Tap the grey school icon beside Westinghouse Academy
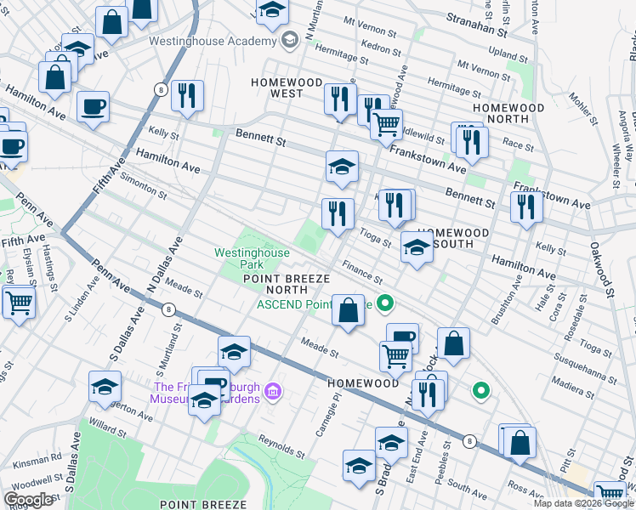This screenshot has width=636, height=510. (290, 39)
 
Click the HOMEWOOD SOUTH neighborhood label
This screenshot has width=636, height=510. (452, 238)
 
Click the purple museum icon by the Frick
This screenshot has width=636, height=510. (272, 391)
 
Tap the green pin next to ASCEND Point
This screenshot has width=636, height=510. (384, 302)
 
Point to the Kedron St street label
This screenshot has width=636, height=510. (381, 42)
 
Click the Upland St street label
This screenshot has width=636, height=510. (507, 54)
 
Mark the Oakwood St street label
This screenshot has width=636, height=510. (602, 270)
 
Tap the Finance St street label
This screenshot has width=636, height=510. (363, 273)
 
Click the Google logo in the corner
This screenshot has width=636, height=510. (28, 500)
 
